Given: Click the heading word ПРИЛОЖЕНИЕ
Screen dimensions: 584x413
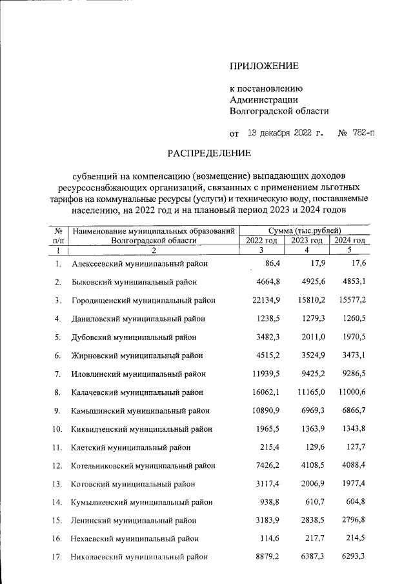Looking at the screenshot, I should pyautogui.click(x=265, y=66).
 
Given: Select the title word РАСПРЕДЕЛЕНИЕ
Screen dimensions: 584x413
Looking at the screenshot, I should pyautogui.click(x=209, y=154).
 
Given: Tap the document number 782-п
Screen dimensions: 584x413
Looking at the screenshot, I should pyautogui.click(x=361, y=134).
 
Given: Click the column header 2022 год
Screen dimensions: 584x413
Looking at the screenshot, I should pyautogui.click(x=261, y=240).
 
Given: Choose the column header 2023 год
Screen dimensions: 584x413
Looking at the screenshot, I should pyautogui.click(x=307, y=240).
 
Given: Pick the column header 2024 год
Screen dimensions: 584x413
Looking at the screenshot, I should pyautogui.click(x=350, y=240).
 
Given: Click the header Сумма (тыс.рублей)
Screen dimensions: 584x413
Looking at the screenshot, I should pyautogui.click(x=305, y=230).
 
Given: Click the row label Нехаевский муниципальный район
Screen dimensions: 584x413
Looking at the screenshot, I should pyautogui.click(x=135, y=538).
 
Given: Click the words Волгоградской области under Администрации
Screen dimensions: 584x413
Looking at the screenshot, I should pyautogui.click(x=279, y=110).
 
